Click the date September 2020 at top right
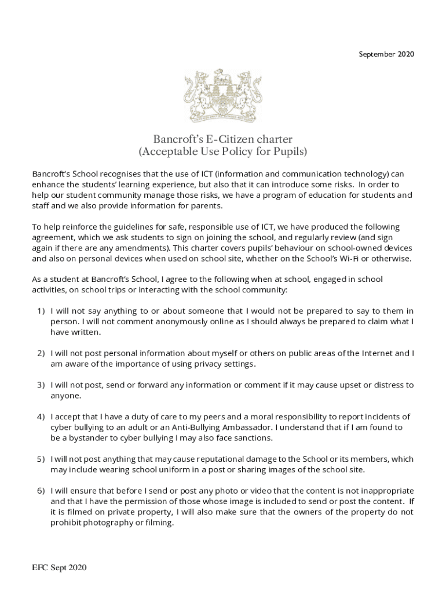point(386,55)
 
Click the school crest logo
point(222,96)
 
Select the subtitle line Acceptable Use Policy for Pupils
point(222,152)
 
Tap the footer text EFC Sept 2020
point(59,568)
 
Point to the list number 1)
point(41,311)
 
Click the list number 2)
point(41,353)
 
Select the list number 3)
point(41,385)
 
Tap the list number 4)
point(41,417)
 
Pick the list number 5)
point(41,459)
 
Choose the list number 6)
point(41,491)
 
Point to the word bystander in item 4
point(86,438)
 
